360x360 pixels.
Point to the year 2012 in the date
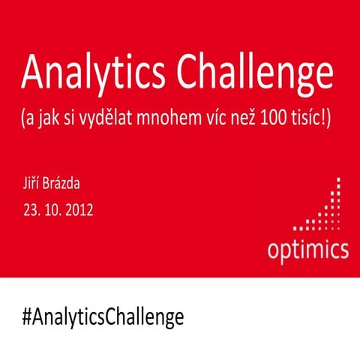[x=78, y=210]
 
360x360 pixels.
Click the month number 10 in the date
[x=52, y=210]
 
